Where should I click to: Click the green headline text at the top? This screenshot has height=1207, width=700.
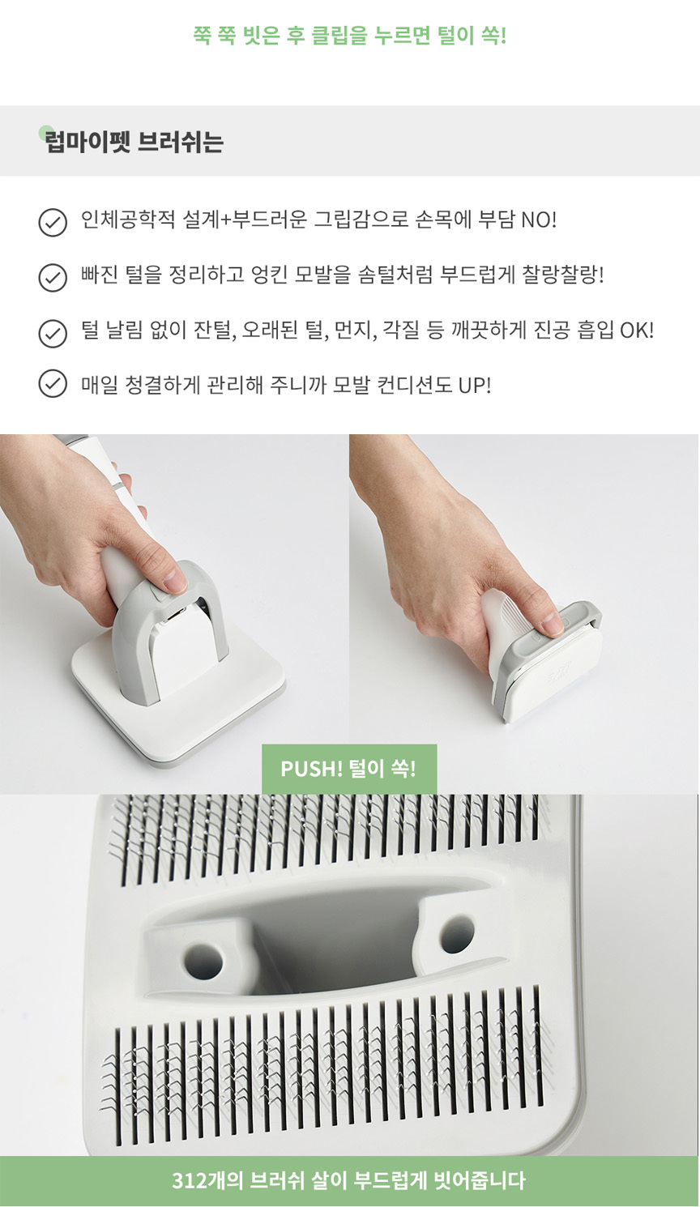click(350, 36)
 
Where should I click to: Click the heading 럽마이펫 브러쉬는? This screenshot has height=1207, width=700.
click(134, 142)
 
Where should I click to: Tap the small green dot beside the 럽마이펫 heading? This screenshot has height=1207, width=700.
click(45, 132)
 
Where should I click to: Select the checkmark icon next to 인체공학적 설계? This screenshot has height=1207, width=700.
click(53, 223)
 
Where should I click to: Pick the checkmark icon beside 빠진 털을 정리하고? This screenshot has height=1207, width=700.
click(53, 278)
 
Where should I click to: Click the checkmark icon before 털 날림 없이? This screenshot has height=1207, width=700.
click(53, 333)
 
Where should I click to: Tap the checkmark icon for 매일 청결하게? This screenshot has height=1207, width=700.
click(53, 383)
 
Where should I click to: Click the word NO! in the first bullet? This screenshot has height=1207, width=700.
click(538, 220)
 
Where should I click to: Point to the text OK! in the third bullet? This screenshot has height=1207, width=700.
click(637, 331)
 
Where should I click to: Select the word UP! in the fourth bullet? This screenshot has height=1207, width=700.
click(475, 386)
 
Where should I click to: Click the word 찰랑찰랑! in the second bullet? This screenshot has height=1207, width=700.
click(562, 275)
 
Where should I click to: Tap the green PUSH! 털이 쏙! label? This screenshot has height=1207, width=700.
click(349, 769)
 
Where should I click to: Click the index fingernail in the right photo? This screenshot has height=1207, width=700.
click(552, 624)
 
